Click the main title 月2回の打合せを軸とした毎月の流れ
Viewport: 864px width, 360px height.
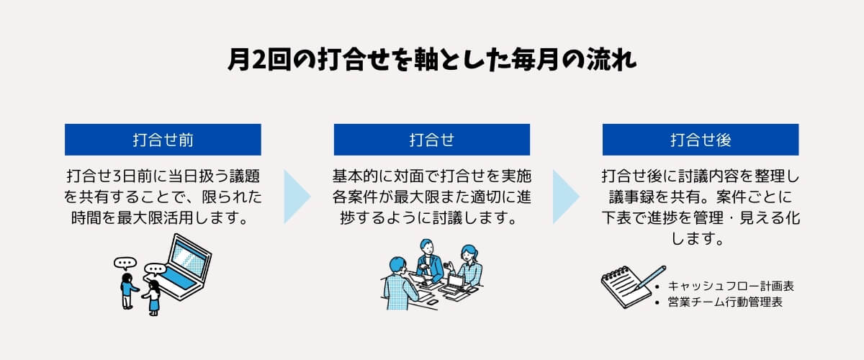[x=431, y=60]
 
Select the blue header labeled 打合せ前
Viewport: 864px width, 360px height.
[x=163, y=140]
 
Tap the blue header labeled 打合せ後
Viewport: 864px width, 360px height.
[x=701, y=140]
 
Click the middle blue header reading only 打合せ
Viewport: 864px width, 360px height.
[x=431, y=140]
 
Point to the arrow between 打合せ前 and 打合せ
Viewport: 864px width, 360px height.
[x=296, y=197]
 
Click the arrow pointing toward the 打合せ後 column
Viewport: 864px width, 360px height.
[x=565, y=197]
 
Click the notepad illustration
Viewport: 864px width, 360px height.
[x=625, y=287]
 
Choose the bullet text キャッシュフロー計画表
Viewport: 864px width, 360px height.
[x=731, y=287]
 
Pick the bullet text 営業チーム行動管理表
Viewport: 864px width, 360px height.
[x=725, y=302]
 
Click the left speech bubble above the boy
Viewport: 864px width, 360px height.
[x=125, y=264]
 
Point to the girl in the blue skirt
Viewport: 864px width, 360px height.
[x=153, y=298]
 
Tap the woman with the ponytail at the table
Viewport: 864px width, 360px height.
[x=468, y=267]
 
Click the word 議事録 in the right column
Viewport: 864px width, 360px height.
[x=632, y=197]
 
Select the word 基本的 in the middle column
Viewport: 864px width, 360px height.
[x=355, y=176]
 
